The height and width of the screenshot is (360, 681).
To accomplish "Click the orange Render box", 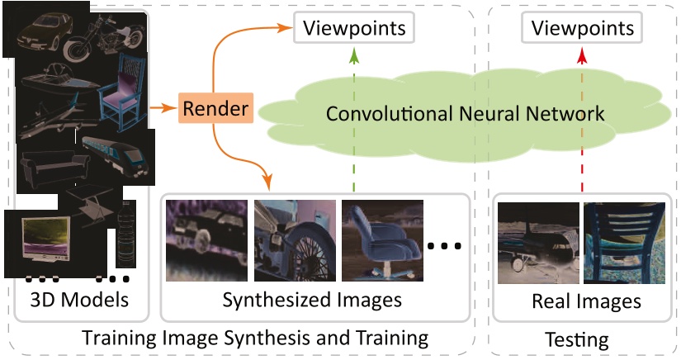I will pyautogui.click(x=215, y=108).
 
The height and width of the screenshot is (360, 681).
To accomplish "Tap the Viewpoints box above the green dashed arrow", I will pyautogui.click(x=354, y=29).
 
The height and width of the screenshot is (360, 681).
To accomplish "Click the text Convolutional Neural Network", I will pyautogui.click(x=465, y=112).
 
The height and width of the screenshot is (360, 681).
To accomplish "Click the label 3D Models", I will pyautogui.click(x=81, y=300).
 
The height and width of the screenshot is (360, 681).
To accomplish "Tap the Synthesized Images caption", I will pyautogui.click(x=312, y=300).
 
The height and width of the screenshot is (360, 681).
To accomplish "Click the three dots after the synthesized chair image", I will pyautogui.click(x=445, y=245).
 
